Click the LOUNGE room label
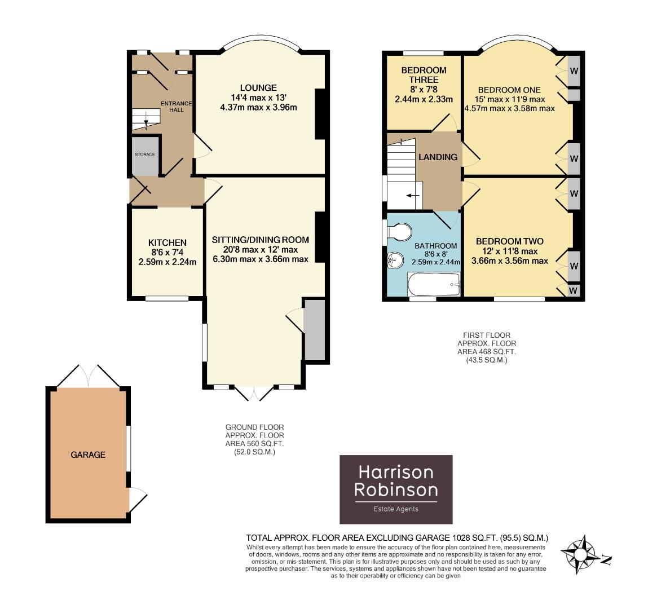coord(258,87)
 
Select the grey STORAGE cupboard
coord(144,156)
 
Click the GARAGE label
coord(88,454)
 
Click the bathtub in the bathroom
coord(433,284)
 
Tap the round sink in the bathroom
coord(394,260)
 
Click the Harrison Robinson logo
coord(395,489)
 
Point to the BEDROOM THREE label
coord(424,75)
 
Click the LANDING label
coord(438,157)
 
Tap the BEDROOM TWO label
coord(509,241)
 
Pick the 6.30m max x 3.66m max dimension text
coord(259,259)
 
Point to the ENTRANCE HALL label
coord(176,107)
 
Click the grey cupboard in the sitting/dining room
coord(314,329)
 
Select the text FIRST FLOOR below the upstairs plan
coord(486,334)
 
